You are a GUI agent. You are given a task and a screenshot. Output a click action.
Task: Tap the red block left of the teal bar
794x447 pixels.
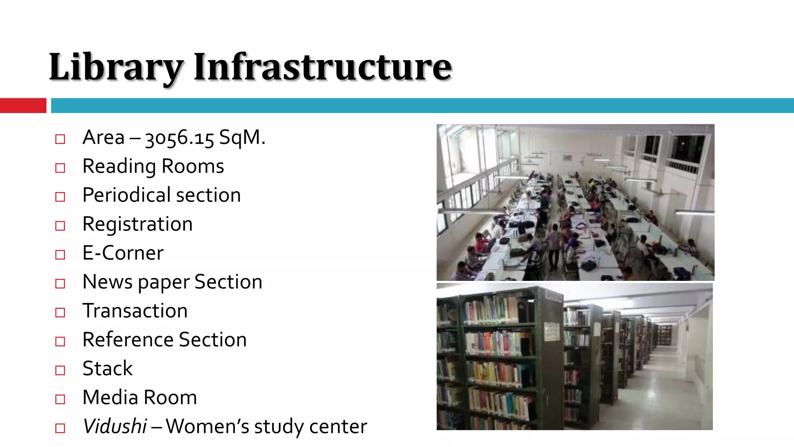(x=23, y=106)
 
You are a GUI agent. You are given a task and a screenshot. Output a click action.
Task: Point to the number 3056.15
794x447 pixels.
(x=179, y=138)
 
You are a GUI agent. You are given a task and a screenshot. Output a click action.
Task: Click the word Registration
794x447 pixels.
(x=138, y=224)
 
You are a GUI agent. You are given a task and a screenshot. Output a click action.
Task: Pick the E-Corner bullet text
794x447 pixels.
(x=123, y=253)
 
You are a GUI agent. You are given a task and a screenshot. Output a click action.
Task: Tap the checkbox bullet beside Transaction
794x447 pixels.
(x=60, y=312)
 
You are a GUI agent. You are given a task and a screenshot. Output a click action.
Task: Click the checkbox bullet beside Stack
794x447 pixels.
(x=60, y=370)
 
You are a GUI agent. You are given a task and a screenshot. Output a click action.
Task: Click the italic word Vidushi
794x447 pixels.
(x=115, y=426)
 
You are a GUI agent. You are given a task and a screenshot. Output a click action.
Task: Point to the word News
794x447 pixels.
(x=107, y=282)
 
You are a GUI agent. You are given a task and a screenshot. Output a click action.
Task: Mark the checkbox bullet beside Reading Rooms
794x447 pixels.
(x=60, y=168)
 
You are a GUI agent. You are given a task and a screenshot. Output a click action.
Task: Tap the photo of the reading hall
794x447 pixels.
(x=575, y=202)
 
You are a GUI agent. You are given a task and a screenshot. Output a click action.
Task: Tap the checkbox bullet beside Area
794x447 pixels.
(x=60, y=139)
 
